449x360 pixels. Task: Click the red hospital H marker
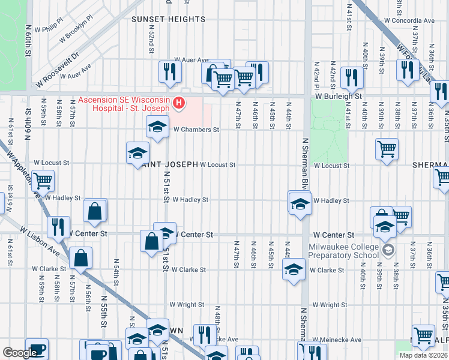178,104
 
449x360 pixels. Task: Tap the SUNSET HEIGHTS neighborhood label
169,19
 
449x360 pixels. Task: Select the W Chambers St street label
196,129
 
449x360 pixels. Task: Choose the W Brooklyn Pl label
78,36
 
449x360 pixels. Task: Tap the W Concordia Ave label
409,20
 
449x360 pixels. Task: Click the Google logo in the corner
20,353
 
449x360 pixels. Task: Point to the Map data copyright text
424,355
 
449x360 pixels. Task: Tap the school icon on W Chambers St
157,127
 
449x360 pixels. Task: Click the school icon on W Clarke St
294,270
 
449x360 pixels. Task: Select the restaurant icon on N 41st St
351,77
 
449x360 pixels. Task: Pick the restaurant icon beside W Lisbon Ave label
58,226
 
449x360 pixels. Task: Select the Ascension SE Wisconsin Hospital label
124,104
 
